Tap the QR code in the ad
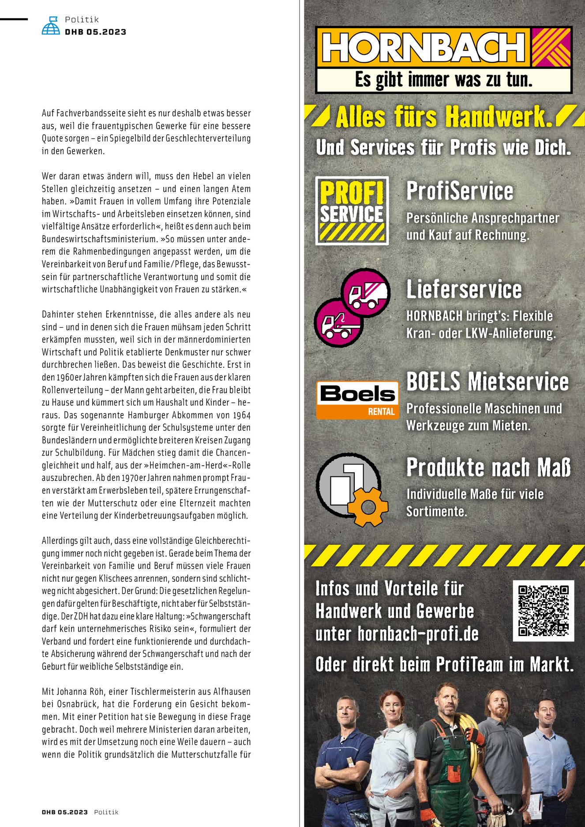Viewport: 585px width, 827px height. point(543,610)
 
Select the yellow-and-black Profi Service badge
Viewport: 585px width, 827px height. point(352,210)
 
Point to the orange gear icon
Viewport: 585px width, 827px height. point(367,507)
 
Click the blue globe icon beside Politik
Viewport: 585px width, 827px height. point(51,26)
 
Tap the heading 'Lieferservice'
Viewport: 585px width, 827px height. point(464,289)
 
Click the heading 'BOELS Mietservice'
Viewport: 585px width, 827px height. point(487,381)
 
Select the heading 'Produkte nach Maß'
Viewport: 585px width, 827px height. point(488,468)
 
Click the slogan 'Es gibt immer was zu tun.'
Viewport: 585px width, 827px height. point(443,80)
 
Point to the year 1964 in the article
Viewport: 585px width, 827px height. point(242,415)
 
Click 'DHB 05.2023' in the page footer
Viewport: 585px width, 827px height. point(64,812)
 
